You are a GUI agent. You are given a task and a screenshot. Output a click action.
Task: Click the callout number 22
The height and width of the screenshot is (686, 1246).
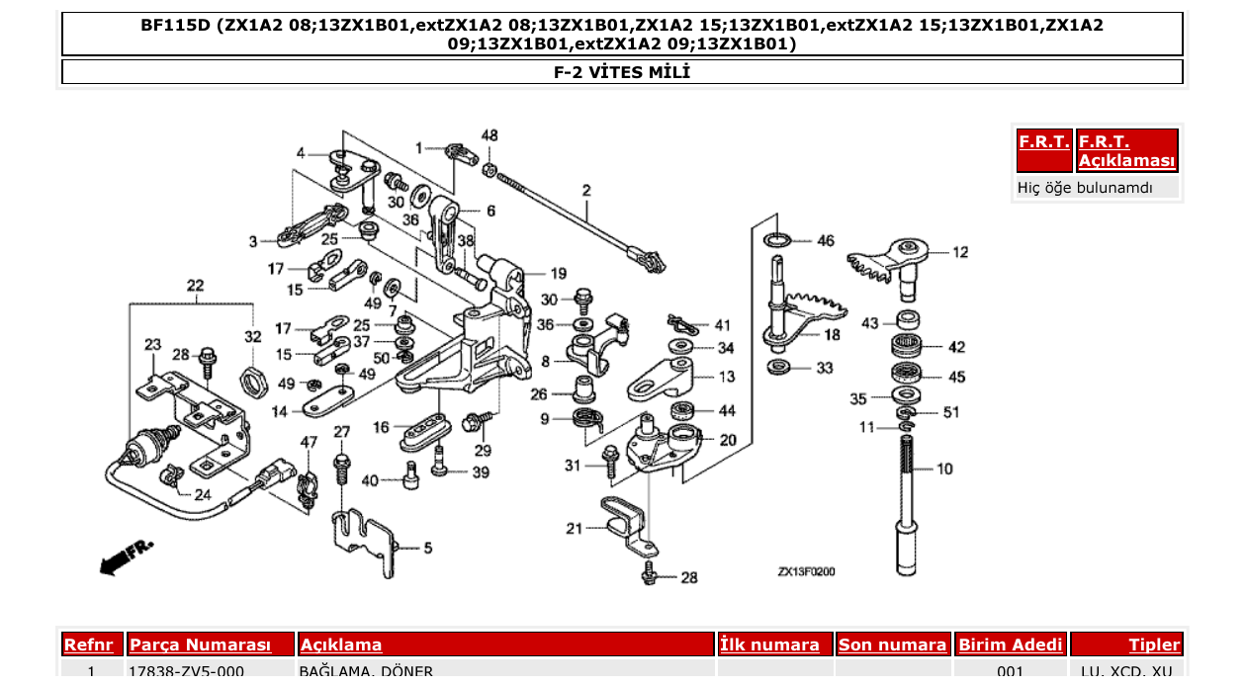coord(195,287)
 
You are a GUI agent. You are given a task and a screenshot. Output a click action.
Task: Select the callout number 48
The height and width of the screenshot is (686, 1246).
coord(489,135)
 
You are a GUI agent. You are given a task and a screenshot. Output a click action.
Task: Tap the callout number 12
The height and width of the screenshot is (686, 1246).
coord(960,252)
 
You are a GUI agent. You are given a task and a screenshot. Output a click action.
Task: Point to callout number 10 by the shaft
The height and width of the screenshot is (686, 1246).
coord(944,469)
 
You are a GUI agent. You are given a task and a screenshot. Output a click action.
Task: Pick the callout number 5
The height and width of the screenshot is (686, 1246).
coord(427,547)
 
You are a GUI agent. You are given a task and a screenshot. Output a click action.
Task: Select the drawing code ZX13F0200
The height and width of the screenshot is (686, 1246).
coord(806,571)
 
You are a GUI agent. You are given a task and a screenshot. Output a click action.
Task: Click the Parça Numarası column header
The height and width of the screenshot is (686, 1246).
coord(200,645)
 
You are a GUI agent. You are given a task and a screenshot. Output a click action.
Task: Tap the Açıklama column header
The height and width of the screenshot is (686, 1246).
coord(341,645)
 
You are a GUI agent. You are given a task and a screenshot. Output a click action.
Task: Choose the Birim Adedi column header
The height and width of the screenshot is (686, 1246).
coord(1011,645)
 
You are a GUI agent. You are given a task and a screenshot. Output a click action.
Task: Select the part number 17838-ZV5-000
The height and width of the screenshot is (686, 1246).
coord(186,672)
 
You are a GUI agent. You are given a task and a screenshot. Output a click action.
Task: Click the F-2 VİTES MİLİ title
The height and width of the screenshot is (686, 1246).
coord(622,72)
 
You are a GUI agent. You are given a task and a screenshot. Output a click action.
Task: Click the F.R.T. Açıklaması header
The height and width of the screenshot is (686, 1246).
coord(1127,151)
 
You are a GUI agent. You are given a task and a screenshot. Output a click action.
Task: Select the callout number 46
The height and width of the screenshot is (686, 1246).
coord(826,240)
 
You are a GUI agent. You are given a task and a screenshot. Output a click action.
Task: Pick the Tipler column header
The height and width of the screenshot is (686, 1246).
coord(1154,645)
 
